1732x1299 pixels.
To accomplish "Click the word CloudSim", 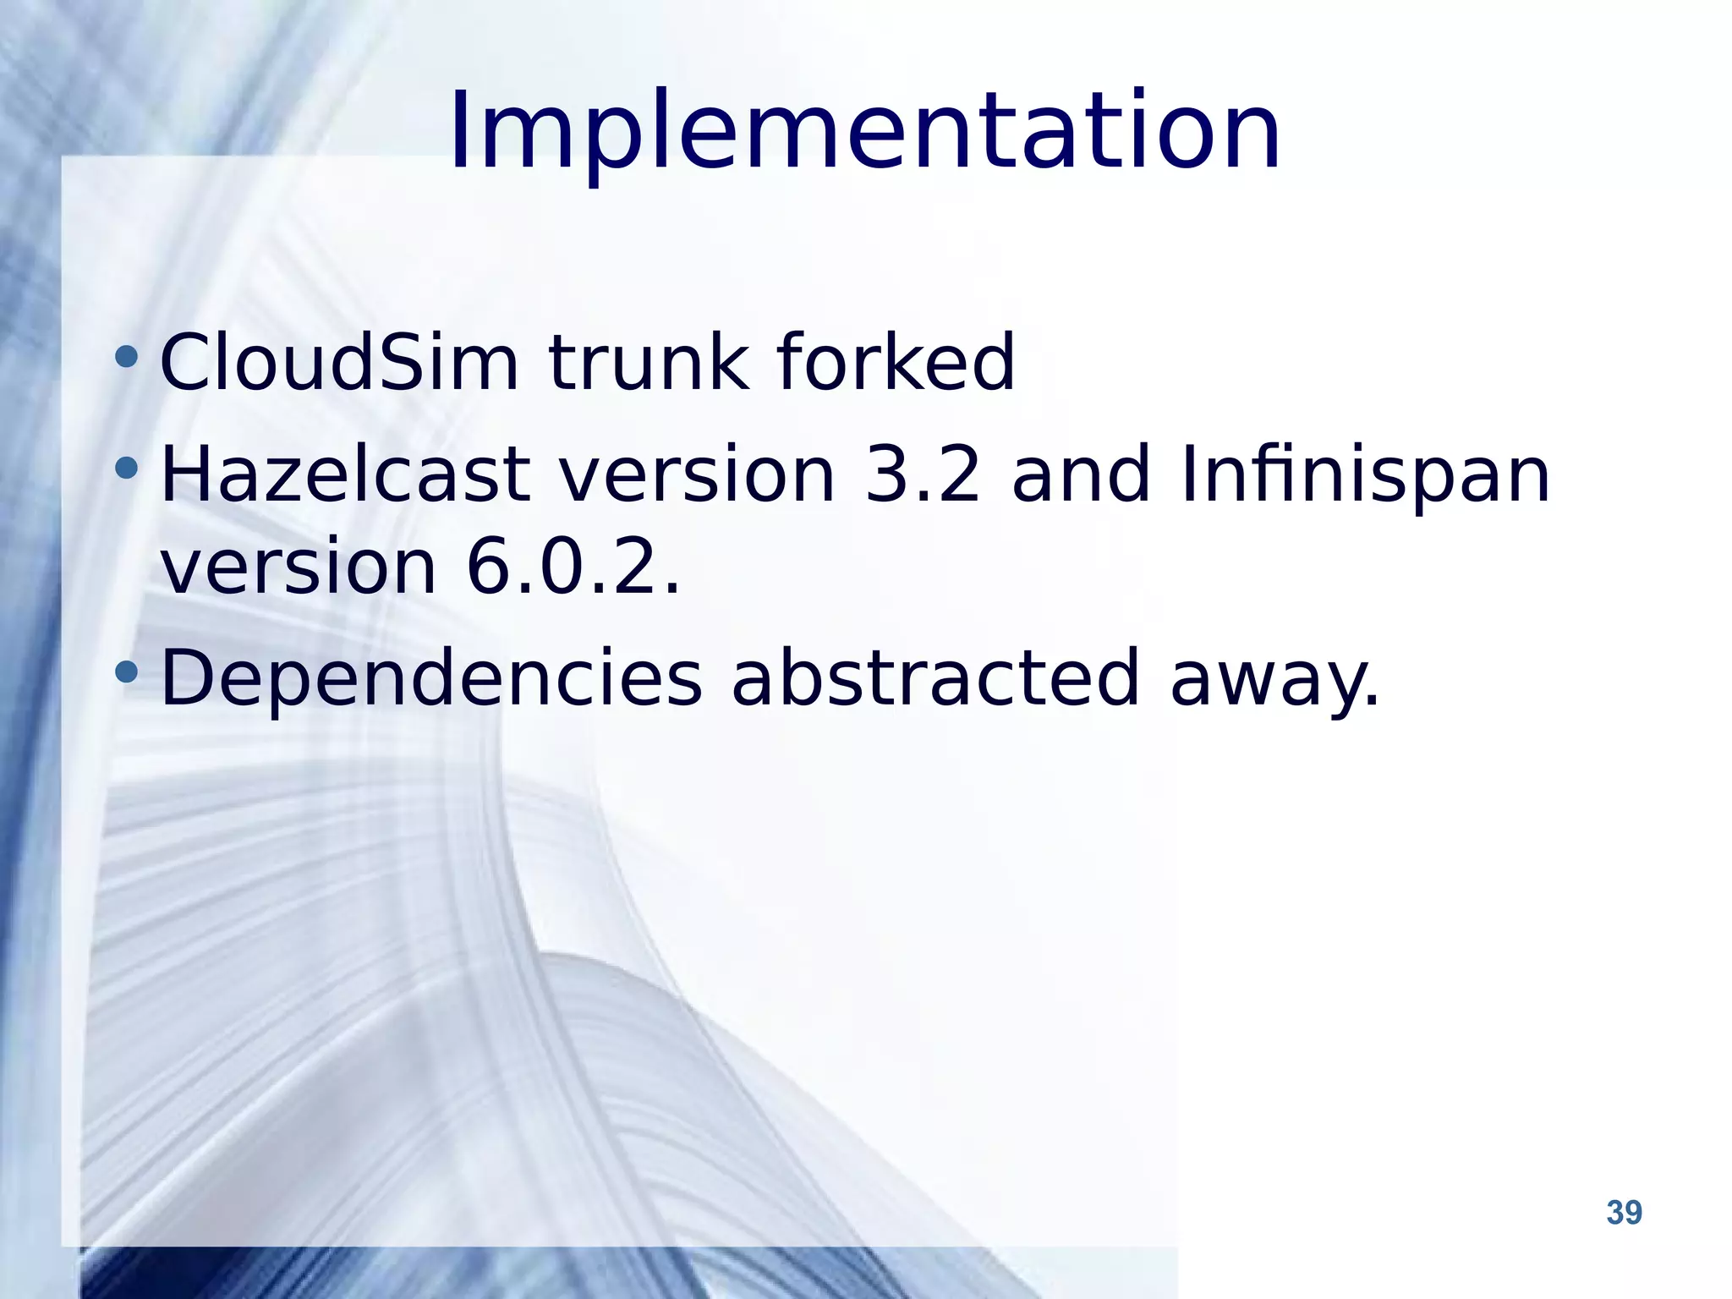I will click(338, 363).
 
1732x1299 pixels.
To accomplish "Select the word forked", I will click(896, 363).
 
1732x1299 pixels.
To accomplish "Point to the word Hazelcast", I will click(345, 475).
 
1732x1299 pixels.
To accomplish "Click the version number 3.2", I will click(924, 475).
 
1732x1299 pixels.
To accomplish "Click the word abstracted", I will click(935, 677).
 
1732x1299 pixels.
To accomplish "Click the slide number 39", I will click(1624, 1213).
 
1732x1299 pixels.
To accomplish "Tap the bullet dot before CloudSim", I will click(127, 356).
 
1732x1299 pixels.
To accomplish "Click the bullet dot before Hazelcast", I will click(127, 468).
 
